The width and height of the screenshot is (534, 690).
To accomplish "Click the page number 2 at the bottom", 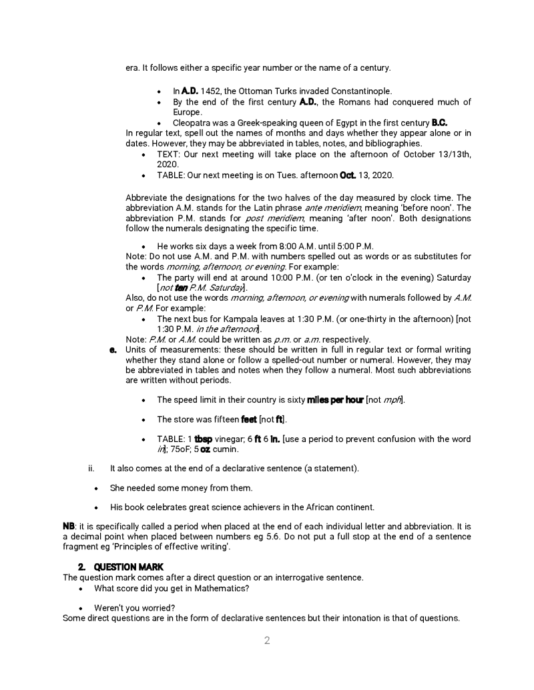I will [x=267, y=641].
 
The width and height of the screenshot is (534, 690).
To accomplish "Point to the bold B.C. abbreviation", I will [x=439, y=123].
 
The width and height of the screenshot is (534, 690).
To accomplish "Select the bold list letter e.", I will [x=115, y=349].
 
